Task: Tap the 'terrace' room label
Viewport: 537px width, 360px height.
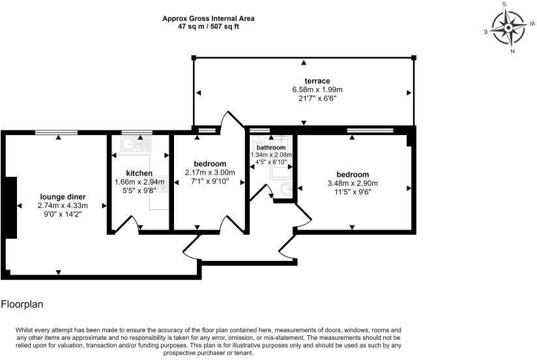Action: [304, 81]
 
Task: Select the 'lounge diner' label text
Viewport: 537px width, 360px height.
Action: [63, 196]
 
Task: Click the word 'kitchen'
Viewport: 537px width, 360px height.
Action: [139, 173]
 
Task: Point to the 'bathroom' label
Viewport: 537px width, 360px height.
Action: [271, 148]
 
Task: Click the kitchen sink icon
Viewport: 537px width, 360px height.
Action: [138, 143]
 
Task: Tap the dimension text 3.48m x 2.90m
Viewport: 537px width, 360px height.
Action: [353, 183]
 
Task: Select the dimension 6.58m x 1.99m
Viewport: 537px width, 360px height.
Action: [304, 89]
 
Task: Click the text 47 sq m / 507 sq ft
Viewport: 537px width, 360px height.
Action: [208, 27]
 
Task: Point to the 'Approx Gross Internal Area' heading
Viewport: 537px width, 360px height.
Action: [208, 19]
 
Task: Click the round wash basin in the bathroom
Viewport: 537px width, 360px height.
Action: [284, 189]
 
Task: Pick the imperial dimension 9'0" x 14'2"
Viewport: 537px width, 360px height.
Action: [63, 213]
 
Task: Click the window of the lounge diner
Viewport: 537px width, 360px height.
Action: [59, 132]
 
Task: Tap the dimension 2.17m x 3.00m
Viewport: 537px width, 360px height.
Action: [210, 172]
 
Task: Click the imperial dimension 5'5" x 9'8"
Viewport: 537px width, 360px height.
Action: [139, 191]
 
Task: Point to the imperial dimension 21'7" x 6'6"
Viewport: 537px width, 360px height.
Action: [304, 98]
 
